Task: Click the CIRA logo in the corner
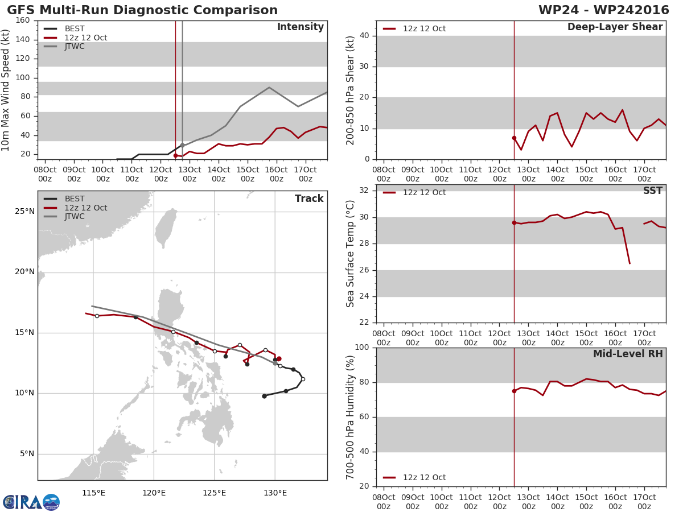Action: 31,502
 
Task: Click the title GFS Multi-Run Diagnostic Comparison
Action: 142,10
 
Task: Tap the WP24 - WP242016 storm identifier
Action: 604,10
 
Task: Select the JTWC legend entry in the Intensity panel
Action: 64,46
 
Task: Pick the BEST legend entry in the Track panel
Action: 64,199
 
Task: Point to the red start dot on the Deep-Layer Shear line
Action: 514,138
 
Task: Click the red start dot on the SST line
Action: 514,223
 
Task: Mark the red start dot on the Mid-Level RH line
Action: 514,391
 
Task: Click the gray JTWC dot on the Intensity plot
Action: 182,146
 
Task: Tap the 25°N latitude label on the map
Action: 24,212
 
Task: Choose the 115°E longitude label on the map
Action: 93,493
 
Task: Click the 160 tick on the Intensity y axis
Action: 23,20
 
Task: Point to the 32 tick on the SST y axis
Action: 364,190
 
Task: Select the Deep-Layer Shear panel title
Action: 615,27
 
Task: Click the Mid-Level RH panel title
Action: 628,354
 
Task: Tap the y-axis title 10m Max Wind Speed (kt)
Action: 5,90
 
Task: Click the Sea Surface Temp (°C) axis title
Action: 350,254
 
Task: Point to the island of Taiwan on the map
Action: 166,228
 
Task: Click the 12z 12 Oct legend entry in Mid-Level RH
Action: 414,477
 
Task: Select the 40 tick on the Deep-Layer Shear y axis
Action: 364,36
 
